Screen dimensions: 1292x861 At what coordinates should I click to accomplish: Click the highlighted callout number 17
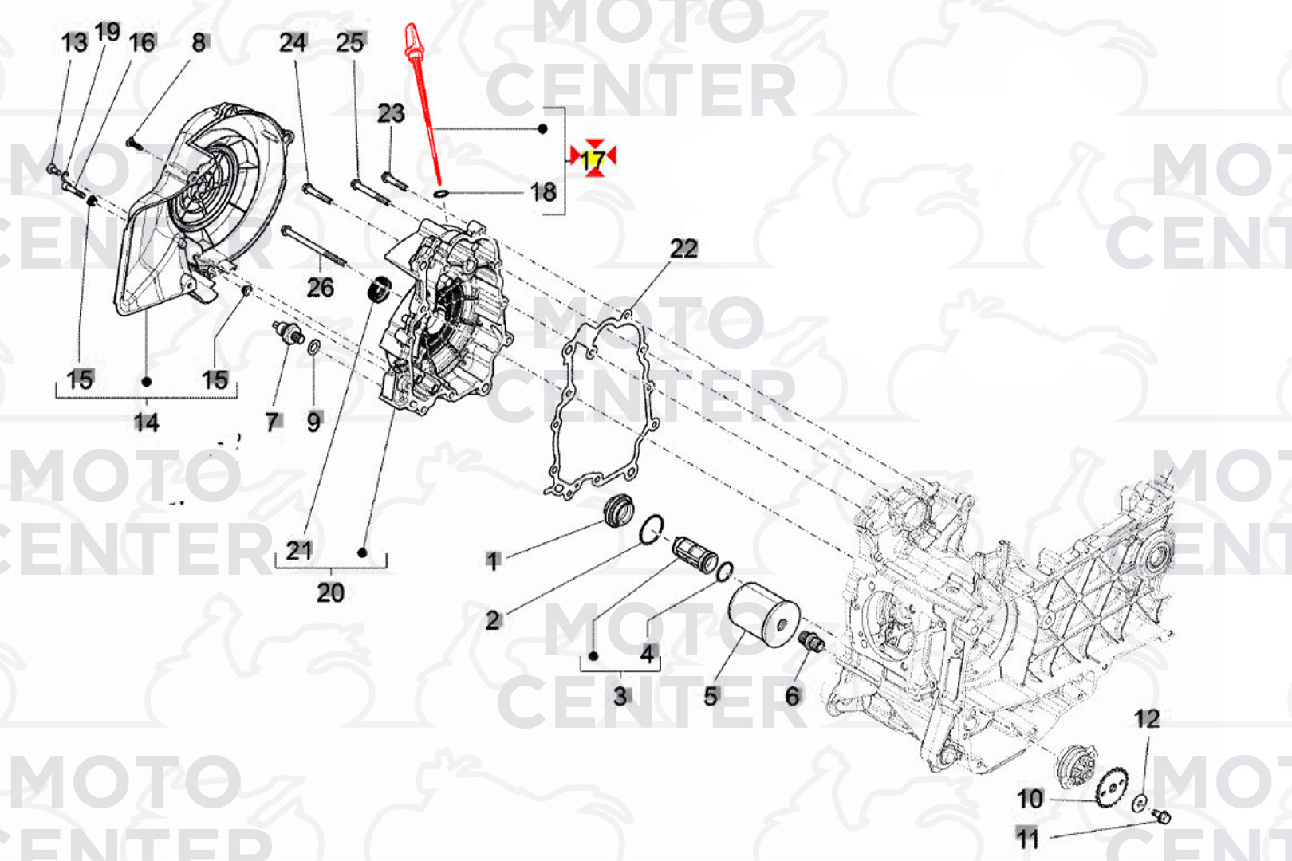click(593, 159)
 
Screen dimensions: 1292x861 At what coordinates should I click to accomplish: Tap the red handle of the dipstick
click(412, 41)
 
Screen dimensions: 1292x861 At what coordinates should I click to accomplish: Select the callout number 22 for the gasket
click(684, 249)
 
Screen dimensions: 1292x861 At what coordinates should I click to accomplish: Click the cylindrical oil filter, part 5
click(762, 616)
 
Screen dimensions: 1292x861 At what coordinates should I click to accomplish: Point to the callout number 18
click(543, 192)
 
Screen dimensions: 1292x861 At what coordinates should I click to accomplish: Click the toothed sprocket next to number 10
click(1112, 786)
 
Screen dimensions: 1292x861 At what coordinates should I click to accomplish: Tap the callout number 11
click(1027, 839)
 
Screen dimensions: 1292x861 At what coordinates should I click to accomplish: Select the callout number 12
click(1147, 718)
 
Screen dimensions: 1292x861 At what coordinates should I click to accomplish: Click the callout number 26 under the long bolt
click(320, 287)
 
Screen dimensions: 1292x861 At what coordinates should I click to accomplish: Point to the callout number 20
click(330, 592)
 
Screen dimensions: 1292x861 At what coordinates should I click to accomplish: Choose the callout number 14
click(146, 423)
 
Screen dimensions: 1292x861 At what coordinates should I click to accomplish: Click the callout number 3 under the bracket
click(620, 696)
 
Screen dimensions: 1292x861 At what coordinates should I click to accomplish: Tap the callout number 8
click(199, 43)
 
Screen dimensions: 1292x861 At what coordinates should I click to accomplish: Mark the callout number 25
click(351, 42)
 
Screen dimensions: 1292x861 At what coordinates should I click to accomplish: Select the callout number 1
click(492, 560)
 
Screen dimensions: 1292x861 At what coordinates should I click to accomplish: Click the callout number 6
click(793, 696)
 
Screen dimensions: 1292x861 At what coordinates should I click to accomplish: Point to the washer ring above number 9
click(313, 348)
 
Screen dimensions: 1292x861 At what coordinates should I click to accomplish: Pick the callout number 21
click(299, 550)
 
